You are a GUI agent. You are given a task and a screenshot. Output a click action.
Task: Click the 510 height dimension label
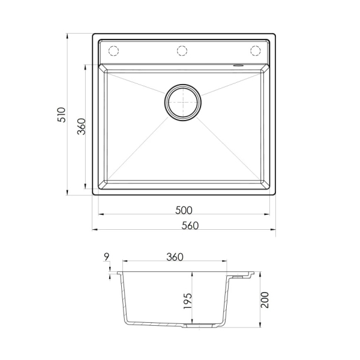point(62,115)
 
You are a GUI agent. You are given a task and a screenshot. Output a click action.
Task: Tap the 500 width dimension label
point(184,211)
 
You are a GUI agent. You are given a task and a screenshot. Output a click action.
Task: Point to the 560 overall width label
point(190,226)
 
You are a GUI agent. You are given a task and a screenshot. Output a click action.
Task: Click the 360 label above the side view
point(175,257)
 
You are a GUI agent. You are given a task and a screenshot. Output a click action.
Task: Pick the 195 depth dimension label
point(188,301)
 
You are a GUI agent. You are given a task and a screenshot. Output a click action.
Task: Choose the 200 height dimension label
point(265,300)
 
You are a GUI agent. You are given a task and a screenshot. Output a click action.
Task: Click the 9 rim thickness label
point(106,257)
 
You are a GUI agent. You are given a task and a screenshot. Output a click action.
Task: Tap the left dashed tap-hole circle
point(113,51)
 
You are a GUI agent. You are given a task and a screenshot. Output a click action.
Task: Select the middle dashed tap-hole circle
point(182,51)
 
